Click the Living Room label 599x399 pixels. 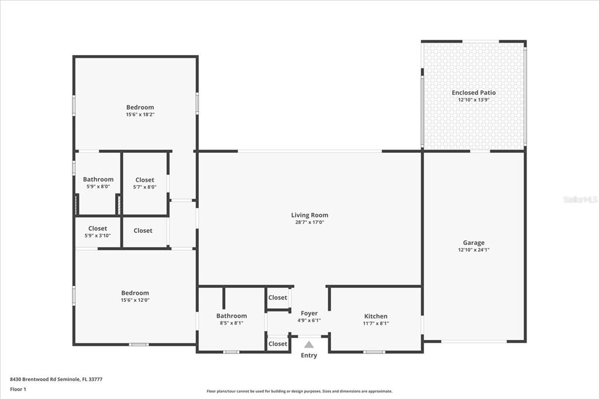coord(309,215)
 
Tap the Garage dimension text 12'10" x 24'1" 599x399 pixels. coord(474,250)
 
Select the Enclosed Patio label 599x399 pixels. coord(474,92)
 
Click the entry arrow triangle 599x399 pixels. coord(309,345)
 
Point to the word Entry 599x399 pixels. coord(309,356)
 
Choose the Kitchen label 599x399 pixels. coord(376,316)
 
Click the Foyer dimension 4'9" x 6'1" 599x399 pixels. coord(309,321)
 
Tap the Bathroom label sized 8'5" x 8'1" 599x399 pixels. coord(232,316)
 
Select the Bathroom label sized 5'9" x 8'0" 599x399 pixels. coord(98,179)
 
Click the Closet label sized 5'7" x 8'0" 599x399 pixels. coord(145,180)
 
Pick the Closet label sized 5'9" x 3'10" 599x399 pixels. coord(98,229)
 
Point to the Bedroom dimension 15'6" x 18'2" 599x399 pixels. coord(140,114)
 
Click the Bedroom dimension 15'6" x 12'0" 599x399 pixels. coord(135,300)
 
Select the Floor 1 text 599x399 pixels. coord(18,390)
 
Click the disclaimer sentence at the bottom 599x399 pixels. coord(299,391)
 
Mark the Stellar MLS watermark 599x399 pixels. coord(581,199)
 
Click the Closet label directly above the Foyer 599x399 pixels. coord(278,297)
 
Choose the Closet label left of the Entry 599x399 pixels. coord(278,343)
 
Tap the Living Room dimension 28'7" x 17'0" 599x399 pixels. coord(309,222)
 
